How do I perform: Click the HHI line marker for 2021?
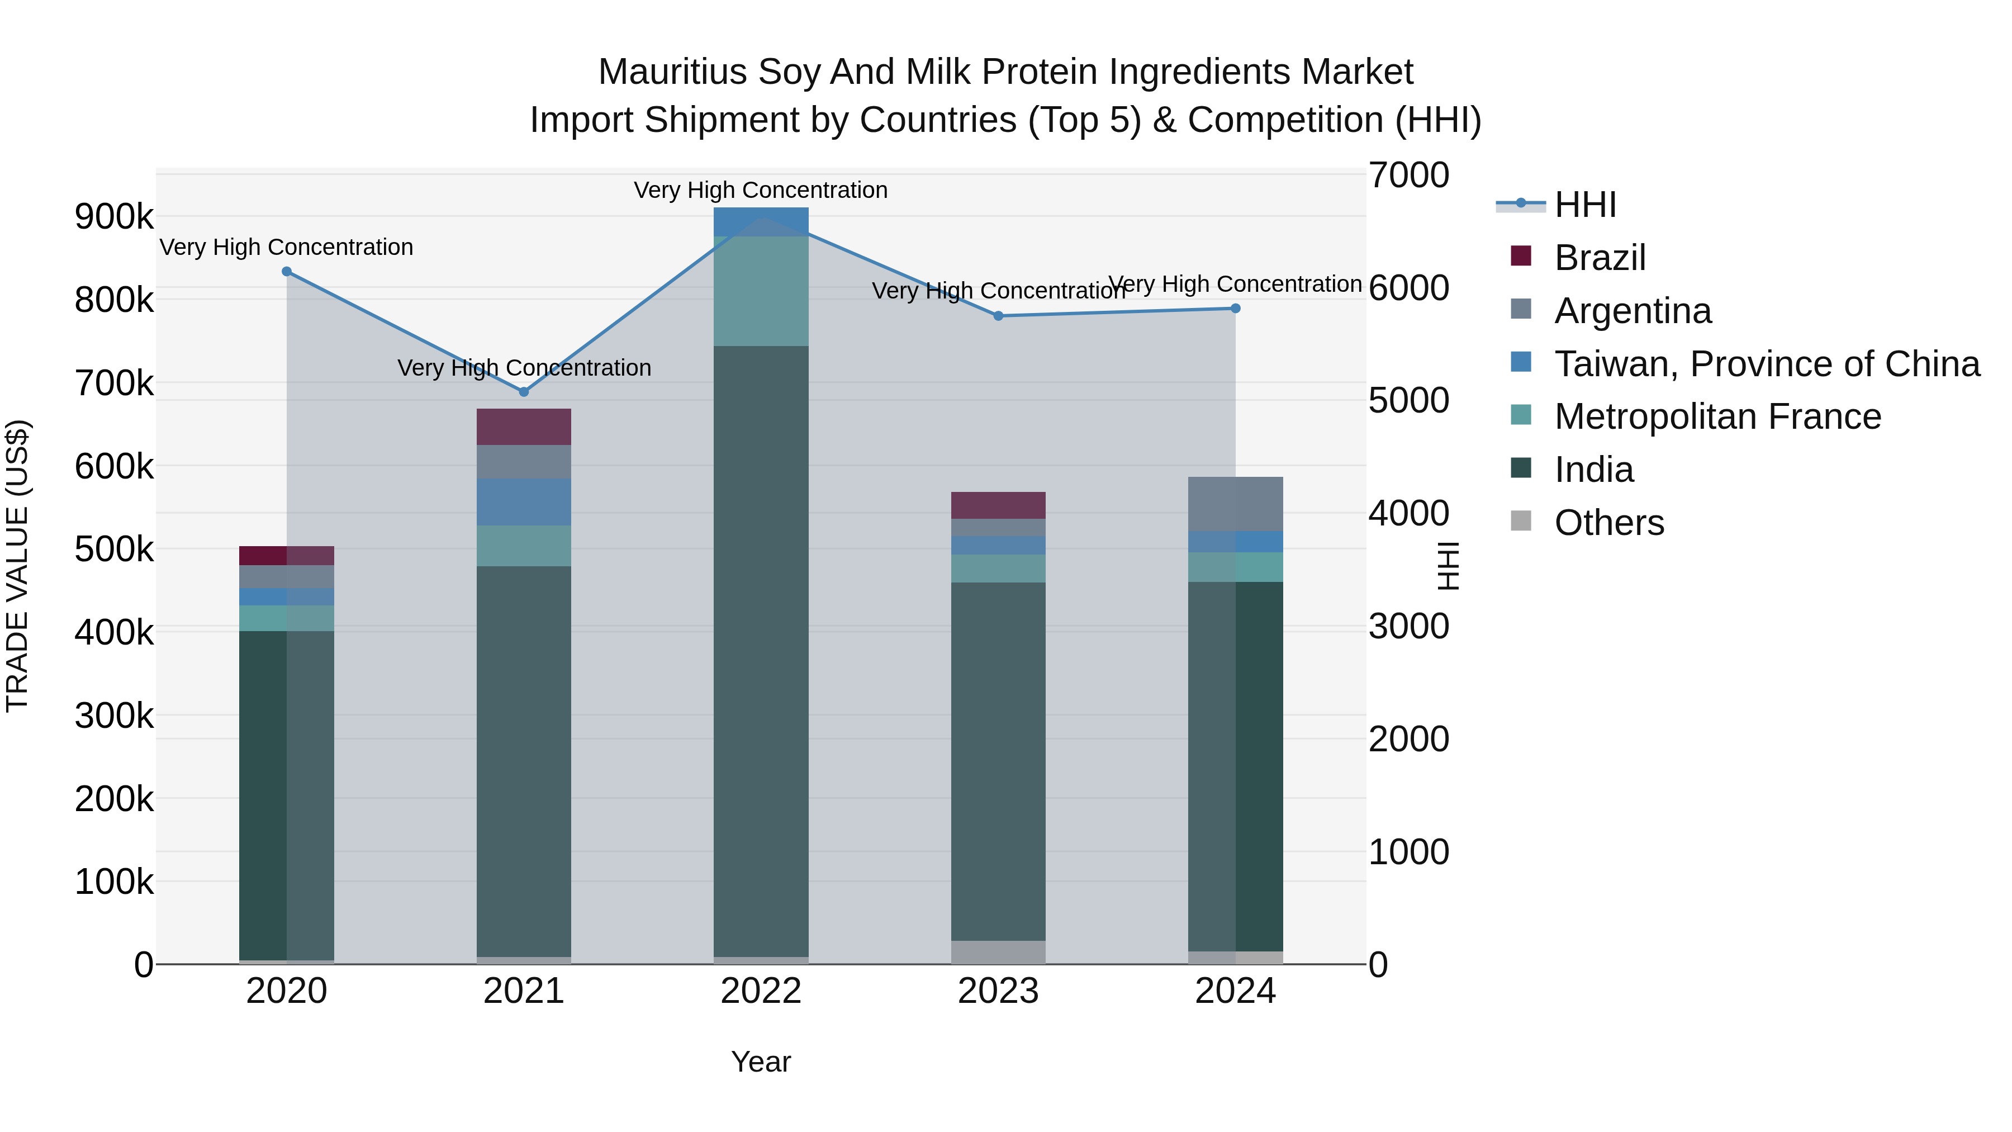click(524, 391)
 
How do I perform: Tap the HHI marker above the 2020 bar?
click(287, 272)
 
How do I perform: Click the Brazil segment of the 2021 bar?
click(524, 427)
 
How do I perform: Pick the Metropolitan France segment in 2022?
click(761, 291)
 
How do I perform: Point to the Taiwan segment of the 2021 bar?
click(524, 501)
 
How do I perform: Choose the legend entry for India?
click(1593, 470)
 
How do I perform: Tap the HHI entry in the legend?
click(1585, 205)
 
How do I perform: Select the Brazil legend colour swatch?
click(1521, 256)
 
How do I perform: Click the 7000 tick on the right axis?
click(1408, 175)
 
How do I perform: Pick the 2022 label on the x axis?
click(761, 991)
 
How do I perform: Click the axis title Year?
click(761, 1062)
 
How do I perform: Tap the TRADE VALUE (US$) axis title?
click(17, 566)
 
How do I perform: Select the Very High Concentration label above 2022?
click(761, 190)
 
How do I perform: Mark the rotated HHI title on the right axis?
click(1448, 566)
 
